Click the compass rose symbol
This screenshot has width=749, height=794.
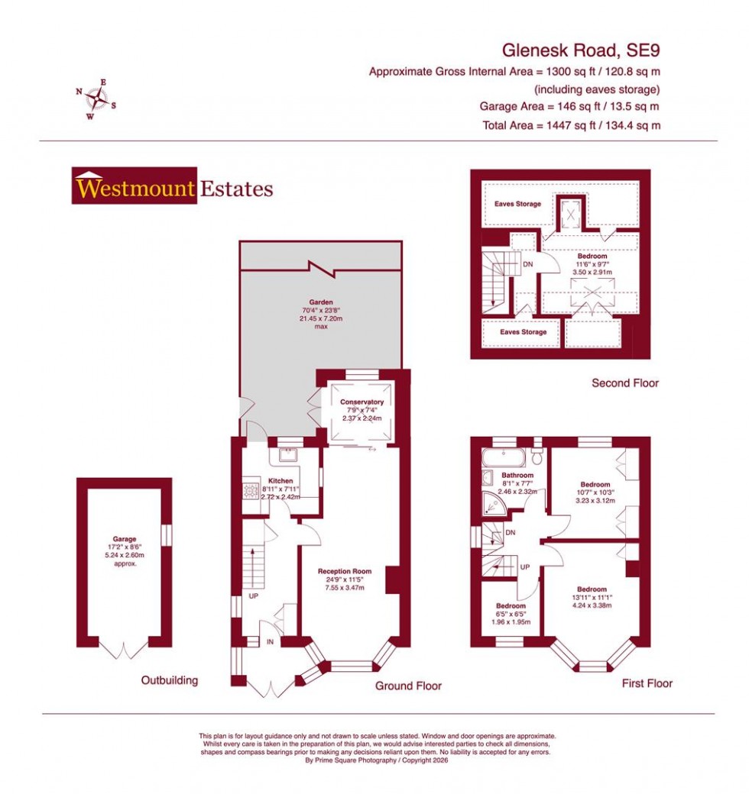point(96,98)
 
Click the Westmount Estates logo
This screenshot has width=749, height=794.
point(173,186)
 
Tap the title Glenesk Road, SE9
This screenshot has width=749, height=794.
point(580,50)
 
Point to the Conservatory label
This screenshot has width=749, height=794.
point(362,402)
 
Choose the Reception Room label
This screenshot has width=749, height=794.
point(345,571)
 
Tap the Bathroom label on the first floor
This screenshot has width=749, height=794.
point(517,475)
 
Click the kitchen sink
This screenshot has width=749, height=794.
point(289,456)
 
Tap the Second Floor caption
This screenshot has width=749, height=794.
point(624,382)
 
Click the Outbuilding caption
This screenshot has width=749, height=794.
point(169,680)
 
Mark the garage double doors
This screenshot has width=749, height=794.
point(125,650)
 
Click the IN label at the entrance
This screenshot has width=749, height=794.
point(270,642)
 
